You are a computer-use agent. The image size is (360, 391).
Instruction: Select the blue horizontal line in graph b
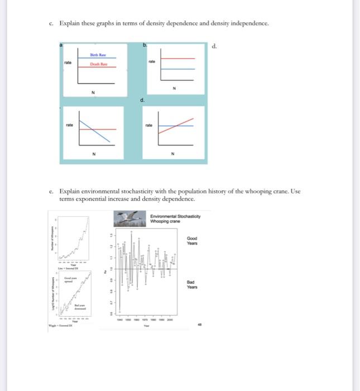coord(179,68)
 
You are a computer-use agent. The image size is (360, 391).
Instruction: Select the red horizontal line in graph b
coord(179,58)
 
